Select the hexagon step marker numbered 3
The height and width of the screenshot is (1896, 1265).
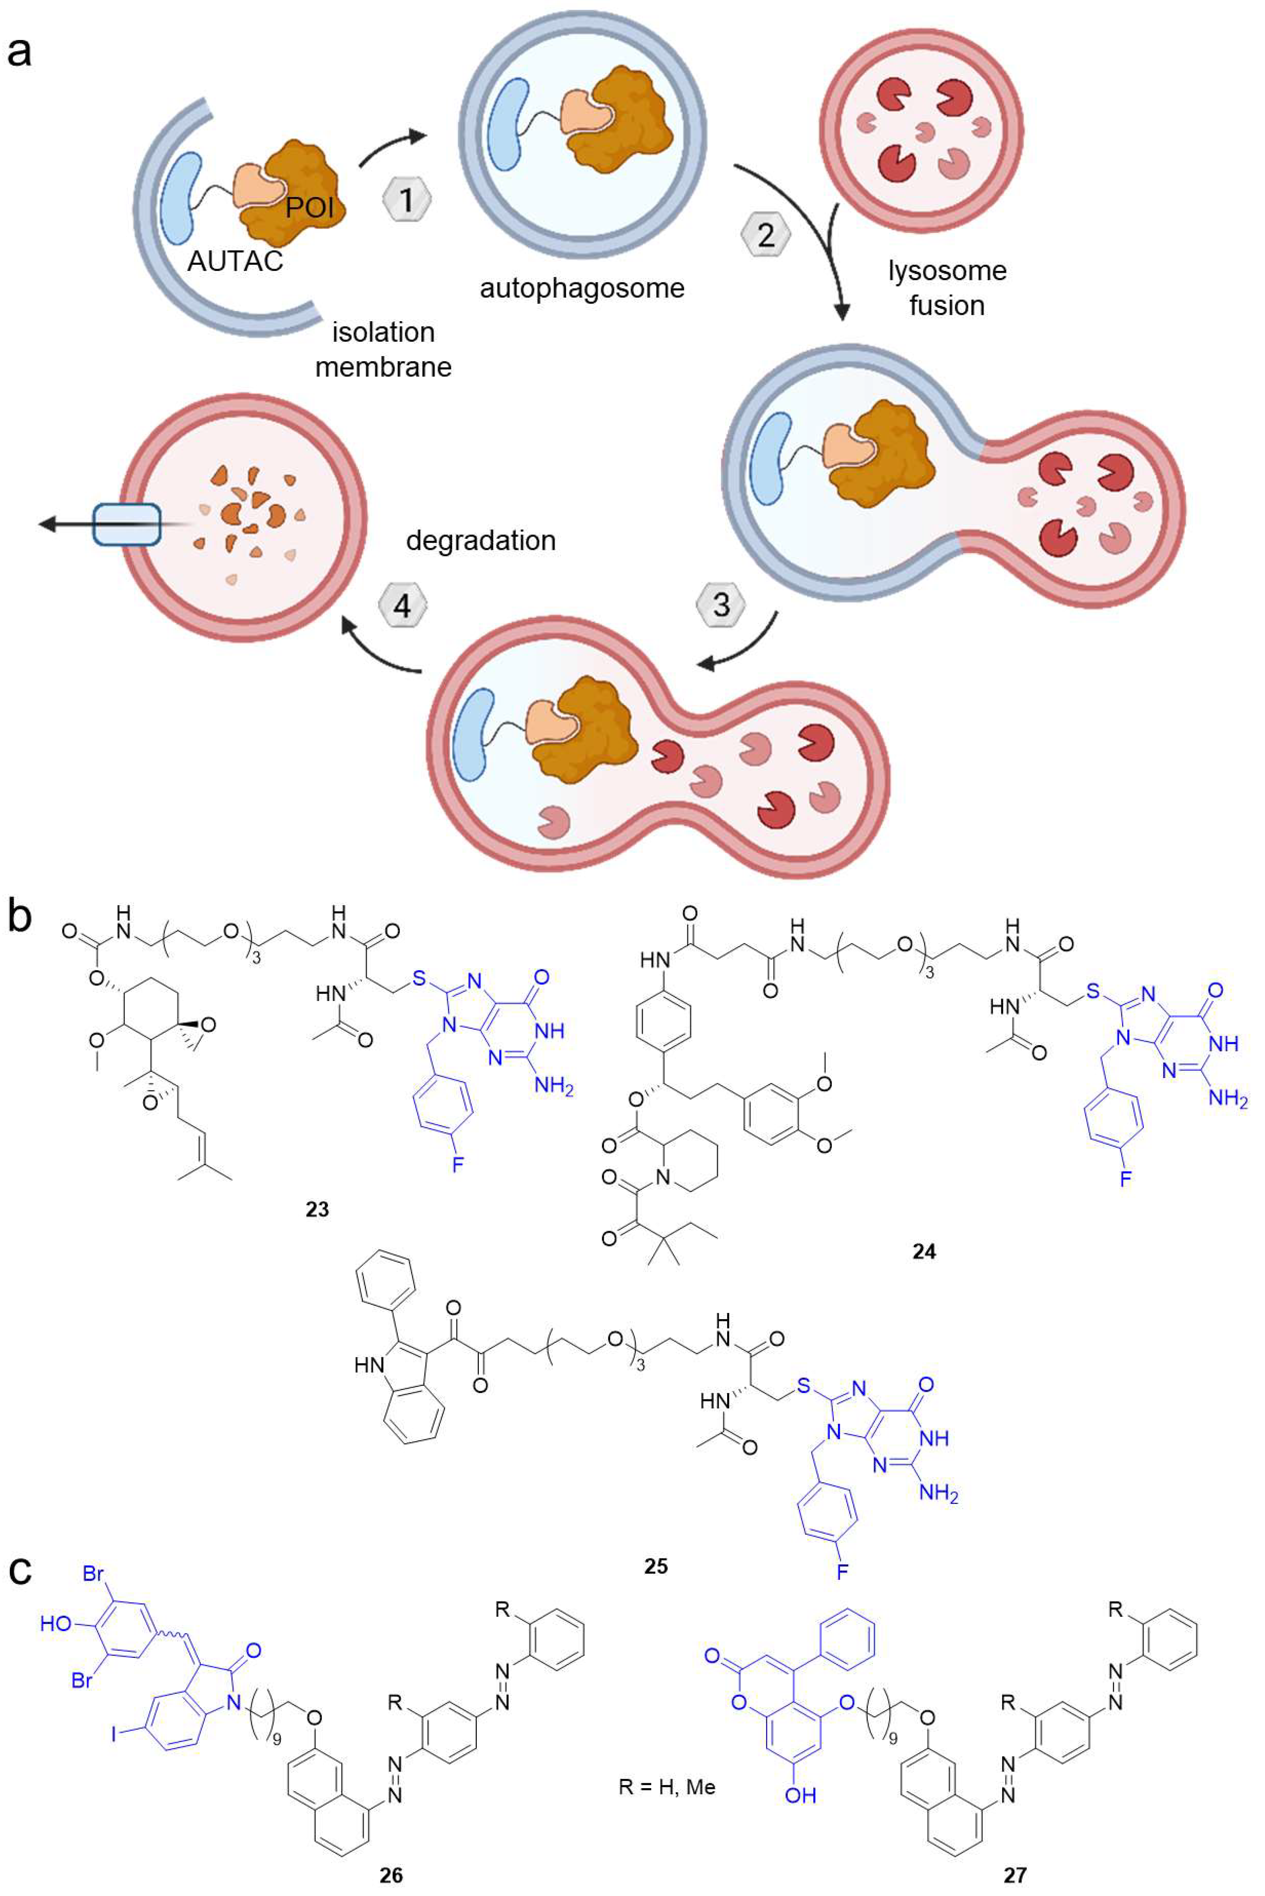(x=721, y=604)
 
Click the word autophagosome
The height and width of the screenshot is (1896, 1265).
(x=582, y=288)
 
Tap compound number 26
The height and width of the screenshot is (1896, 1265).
(x=391, y=1874)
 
